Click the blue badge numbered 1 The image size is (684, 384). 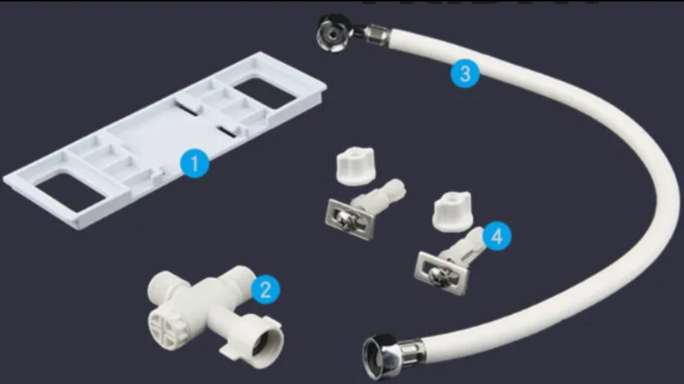[x=194, y=165]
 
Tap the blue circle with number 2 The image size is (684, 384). [x=266, y=289]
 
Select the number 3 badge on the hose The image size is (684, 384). [x=465, y=74]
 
